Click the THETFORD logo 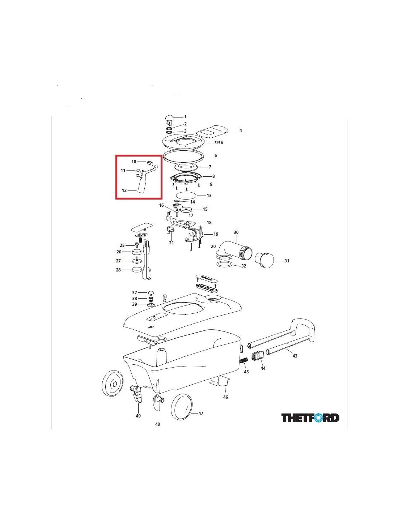(x=310, y=418)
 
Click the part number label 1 (x=185, y=117)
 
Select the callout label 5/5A (x=219, y=143)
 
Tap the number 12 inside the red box (x=124, y=190)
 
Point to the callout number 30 (x=236, y=232)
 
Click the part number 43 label (x=295, y=356)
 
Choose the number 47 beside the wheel (x=200, y=413)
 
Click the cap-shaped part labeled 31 (x=264, y=260)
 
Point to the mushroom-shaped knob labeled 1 (x=169, y=119)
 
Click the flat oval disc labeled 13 (x=186, y=196)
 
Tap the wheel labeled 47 (x=181, y=406)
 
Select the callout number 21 (x=172, y=243)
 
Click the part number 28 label (x=118, y=270)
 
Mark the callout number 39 (x=135, y=304)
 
